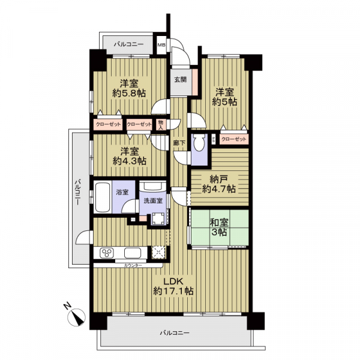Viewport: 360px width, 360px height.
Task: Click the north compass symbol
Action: click(x=76, y=317)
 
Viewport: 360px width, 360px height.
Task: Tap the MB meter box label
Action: click(x=161, y=45)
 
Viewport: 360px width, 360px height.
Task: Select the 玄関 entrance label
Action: click(x=181, y=79)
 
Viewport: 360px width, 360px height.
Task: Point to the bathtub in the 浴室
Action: click(x=103, y=197)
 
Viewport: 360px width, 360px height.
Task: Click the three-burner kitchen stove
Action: click(x=107, y=253)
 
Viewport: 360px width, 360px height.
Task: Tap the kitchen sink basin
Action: click(x=133, y=253)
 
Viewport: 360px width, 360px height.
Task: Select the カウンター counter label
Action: click(x=133, y=266)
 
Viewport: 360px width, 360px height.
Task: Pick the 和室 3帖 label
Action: click(x=219, y=227)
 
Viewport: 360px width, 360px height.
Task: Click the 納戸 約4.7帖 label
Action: click(x=219, y=184)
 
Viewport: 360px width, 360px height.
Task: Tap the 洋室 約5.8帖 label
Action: click(x=129, y=88)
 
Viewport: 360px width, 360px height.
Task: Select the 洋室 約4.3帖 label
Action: click(x=129, y=156)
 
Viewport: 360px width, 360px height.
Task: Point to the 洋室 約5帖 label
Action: click(x=224, y=97)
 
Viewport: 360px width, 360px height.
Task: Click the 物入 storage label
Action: click(x=160, y=125)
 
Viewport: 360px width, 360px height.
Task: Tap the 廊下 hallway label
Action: click(x=179, y=143)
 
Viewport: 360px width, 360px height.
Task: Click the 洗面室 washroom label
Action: click(x=153, y=200)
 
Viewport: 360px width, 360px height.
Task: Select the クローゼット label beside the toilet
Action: click(x=234, y=139)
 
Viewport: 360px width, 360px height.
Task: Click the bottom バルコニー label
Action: click(x=175, y=332)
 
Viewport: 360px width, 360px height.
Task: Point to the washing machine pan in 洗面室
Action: click(x=157, y=219)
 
